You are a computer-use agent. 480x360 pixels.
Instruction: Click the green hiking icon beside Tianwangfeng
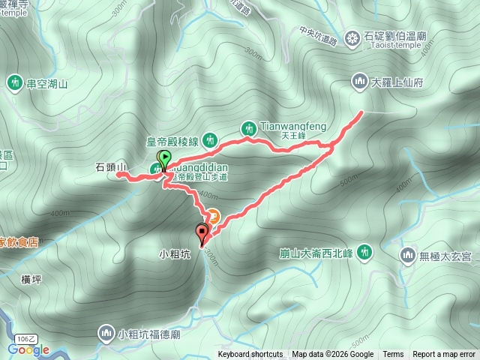(248, 129)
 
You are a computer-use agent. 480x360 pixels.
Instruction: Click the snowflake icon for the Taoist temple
(353, 37)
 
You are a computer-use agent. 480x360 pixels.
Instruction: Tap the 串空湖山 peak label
(47, 84)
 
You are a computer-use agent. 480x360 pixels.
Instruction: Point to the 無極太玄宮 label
(445, 256)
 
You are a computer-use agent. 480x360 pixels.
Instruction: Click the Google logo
(28, 349)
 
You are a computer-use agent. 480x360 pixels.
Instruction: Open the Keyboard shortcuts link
(250, 355)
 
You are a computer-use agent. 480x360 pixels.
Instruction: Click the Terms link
(393, 355)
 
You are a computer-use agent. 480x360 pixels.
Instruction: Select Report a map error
(445, 355)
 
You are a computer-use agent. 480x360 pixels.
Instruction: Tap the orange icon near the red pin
(213, 217)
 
